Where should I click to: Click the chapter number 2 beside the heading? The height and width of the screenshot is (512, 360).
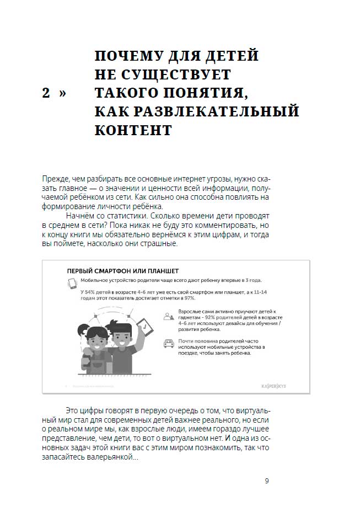click(46, 94)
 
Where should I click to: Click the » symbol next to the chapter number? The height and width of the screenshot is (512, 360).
click(62, 94)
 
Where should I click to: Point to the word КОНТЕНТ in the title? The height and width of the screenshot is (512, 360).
click(133, 131)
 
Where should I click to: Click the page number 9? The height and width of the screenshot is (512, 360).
click(267, 481)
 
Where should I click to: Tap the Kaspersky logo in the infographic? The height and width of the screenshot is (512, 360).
click(285, 386)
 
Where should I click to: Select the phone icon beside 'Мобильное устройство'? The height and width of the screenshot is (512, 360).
click(71, 283)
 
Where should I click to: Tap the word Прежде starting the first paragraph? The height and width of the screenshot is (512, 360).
click(54, 180)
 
